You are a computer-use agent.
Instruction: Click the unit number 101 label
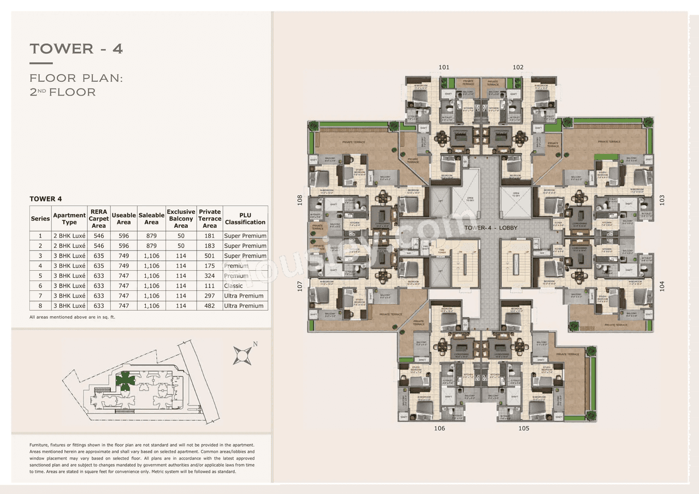click(x=444, y=67)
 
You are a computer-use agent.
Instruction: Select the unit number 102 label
click(x=518, y=67)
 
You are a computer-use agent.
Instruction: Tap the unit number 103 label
click(x=662, y=200)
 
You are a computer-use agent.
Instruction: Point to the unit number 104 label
click(x=662, y=286)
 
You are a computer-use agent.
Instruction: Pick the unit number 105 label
click(x=524, y=428)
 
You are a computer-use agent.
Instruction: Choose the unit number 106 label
click(x=440, y=428)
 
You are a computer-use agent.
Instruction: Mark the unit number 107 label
click(x=299, y=286)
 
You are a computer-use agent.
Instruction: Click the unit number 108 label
click(x=299, y=200)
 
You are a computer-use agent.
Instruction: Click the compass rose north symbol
click(x=242, y=355)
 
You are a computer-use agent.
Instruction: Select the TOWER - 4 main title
click(x=76, y=49)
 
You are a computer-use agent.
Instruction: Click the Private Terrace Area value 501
click(x=210, y=256)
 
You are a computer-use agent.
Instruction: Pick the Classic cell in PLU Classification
click(x=233, y=286)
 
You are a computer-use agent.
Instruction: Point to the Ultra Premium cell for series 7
click(x=244, y=296)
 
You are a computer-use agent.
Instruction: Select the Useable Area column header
click(x=124, y=218)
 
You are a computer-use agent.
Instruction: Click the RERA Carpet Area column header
click(x=99, y=218)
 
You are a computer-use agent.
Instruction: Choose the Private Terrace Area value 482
click(x=210, y=306)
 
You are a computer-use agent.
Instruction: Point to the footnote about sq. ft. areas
click(x=73, y=317)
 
